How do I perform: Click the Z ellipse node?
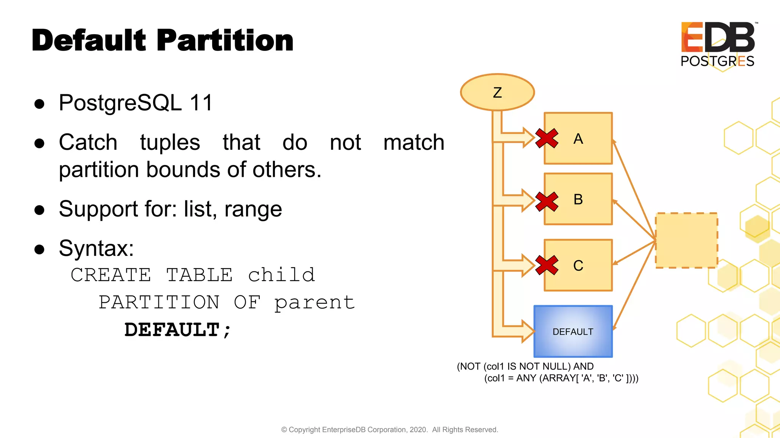[x=497, y=92]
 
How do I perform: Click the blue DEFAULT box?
[x=573, y=332]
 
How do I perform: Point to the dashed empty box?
[x=686, y=240]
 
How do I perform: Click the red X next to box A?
[x=547, y=138]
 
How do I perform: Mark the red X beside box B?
[x=547, y=202]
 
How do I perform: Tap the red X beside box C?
[x=547, y=265]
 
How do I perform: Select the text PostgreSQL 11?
[x=136, y=103]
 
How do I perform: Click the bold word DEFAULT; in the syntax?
[x=177, y=330]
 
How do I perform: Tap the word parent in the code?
[x=315, y=303]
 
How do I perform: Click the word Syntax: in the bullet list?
[x=96, y=248]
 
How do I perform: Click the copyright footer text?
[x=389, y=430]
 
